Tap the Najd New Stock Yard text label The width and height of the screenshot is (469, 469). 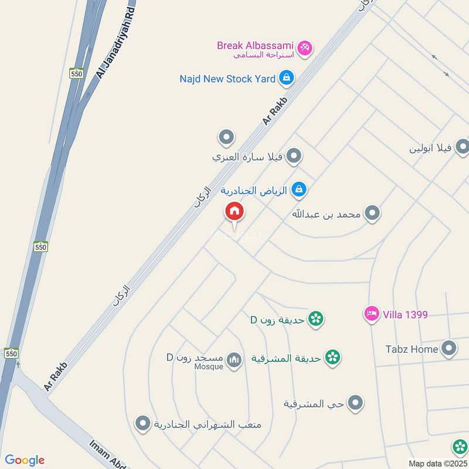[227, 79]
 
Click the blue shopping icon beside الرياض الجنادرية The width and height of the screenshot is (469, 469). [299, 190]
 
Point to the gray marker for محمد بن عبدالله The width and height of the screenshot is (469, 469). [372, 214]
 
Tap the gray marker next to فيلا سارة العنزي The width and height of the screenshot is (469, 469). [294, 157]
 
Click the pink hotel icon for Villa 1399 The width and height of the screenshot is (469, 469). [371, 314]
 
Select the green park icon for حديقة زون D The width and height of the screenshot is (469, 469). [316, 320]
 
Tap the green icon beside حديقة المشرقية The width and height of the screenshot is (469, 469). [332, 356]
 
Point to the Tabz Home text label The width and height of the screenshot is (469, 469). [412, 349]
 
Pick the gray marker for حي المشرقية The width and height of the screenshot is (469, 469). [355, 403]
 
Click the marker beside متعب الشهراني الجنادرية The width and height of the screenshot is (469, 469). [142, 424]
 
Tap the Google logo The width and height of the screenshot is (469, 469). [25, 460]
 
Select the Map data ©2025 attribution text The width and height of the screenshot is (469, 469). [437, 463]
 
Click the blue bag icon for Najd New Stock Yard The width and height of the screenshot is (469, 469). [286, 77]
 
